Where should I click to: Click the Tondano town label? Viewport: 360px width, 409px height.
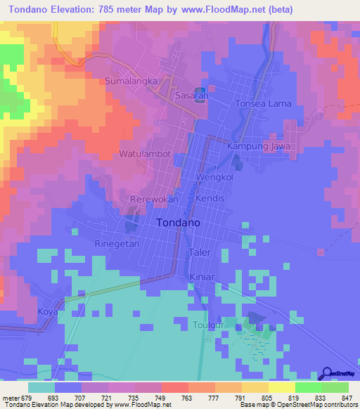point(176,222)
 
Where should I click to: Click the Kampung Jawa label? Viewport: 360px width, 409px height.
point(259,145)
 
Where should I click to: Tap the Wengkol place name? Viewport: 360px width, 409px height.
point(214,178)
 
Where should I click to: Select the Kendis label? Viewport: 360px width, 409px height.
point(210,199)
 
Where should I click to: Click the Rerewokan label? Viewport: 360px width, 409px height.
point(153,200)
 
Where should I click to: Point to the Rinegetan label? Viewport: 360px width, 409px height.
point(116,244)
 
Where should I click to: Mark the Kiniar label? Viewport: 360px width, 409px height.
point(202,277)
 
